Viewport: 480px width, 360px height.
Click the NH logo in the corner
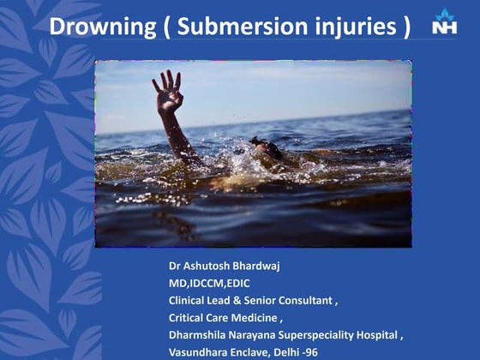coord(445,22)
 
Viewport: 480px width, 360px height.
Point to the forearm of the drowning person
coord(178,133)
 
